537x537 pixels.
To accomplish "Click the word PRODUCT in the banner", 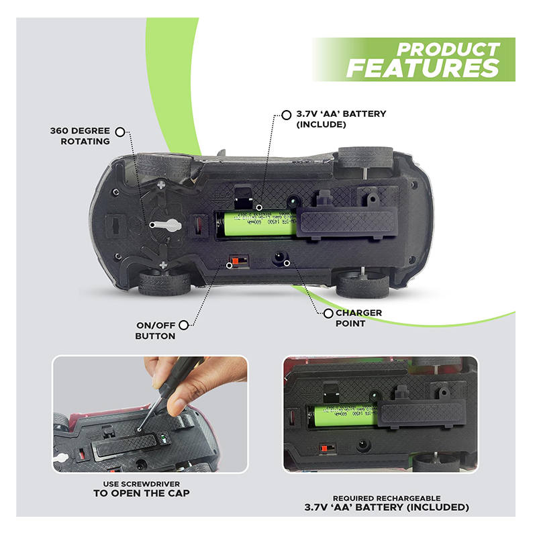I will tap(448, 50).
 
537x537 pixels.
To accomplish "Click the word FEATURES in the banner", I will tap(422, 68).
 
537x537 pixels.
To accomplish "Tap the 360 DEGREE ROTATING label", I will tap(79, 136).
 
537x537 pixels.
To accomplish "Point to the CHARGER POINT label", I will tap(358, 318).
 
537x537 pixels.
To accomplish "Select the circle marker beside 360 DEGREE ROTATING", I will tap(120, 132).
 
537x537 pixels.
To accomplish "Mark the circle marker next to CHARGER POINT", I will tap(328, 313).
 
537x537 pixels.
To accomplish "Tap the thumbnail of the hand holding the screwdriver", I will tap(150, 414).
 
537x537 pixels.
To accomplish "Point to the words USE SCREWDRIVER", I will tap(140, 483).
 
